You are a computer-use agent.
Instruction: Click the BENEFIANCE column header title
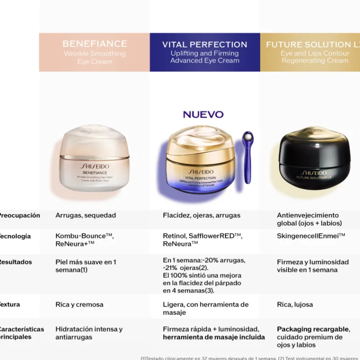coord(94,44)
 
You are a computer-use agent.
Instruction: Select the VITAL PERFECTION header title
coord(205,45)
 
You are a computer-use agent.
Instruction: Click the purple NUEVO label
coord(203,114)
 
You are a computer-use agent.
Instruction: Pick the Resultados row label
coord(16,262)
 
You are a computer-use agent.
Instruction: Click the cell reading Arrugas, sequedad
coord(85,215)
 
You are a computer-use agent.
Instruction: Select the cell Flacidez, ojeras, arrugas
coord(202,215)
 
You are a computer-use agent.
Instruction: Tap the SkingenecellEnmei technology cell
coord(311,236)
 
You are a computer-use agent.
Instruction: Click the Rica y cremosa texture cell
coord(79,305)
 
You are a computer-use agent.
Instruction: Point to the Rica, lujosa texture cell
coord(295,305)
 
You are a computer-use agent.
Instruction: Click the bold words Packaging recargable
coord(313,329)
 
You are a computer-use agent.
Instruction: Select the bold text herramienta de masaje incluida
coord(214,337)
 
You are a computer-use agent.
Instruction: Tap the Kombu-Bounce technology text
coord(84,236)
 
